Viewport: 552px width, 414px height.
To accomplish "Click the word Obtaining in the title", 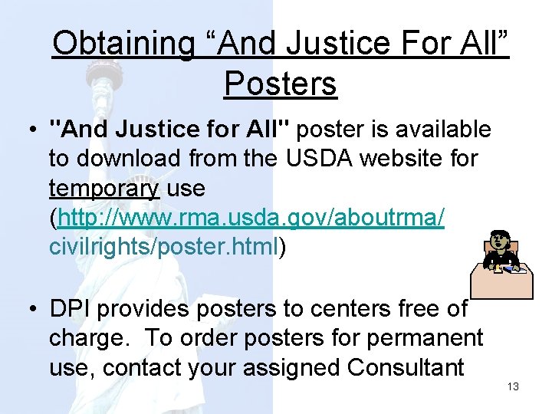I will point(123,44).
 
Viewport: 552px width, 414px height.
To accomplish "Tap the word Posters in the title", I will point(280,84).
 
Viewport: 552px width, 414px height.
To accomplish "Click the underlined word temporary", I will point(103,188).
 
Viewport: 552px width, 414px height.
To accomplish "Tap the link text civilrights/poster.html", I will point(163,247).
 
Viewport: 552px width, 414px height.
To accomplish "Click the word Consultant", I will point(406,367).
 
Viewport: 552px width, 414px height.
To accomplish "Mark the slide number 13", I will point(513,386).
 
